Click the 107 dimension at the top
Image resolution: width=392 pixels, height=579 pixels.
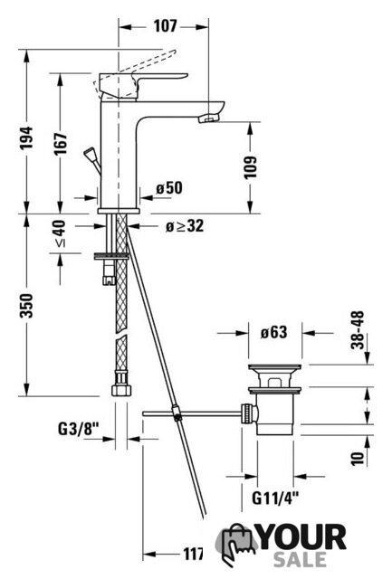click(x=165, y=26)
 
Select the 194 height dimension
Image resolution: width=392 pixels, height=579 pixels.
click(x=26, y=138)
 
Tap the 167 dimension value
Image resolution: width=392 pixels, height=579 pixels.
click(x=62, y=143)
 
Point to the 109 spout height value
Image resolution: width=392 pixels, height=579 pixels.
click(x=250, y=167)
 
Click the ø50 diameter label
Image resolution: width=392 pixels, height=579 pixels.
click(x=169, y=188)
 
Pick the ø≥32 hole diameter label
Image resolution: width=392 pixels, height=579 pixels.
click(x=185, y=226)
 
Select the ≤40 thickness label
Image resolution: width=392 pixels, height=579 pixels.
click(x=61, y=233)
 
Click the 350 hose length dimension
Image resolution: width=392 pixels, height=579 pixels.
click(x=26, y=306)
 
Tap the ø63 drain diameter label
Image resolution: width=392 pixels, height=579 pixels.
click(x=273, y=332)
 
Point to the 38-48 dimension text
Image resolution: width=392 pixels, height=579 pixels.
click(x=358, y=330)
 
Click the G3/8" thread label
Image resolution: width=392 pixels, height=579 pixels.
click(x=79, y=429)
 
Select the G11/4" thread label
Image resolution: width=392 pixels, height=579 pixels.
click(x=275, y=498)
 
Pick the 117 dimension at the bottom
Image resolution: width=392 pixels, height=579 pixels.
click(x=194, y=554)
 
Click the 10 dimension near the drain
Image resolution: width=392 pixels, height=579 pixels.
click(x=358, y=459)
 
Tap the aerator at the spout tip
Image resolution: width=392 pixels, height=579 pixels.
click(x=209, y=119)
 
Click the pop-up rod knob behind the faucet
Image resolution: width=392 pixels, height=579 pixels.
click(x=91, y=153)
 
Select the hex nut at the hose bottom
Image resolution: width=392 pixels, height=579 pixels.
click(x=121, y=391)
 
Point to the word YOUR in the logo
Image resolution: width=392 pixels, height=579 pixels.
click(x=302, y=537)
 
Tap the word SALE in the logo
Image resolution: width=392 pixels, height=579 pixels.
click(x=300, y=559)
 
